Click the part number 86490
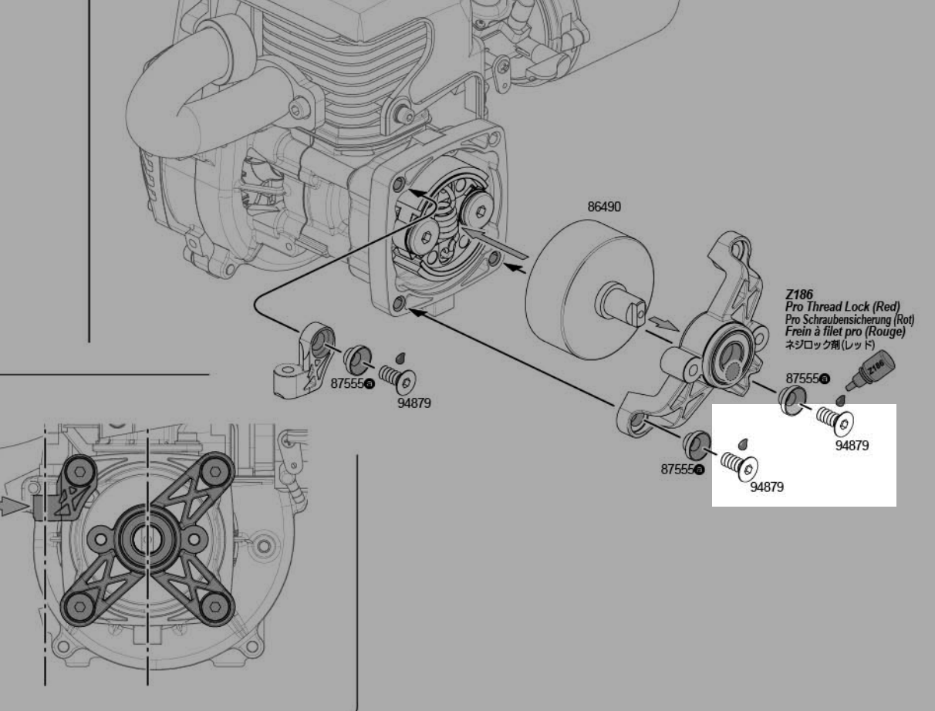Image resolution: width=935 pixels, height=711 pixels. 604,207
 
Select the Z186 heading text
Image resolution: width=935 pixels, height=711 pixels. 798,294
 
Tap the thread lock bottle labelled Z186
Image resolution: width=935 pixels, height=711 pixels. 870,369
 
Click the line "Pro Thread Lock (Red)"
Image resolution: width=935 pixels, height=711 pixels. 842,307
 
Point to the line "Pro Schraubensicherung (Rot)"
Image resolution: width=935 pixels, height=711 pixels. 849,319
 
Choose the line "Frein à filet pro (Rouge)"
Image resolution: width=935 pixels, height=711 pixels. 845,332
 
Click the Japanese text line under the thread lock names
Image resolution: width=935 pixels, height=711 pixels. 830,344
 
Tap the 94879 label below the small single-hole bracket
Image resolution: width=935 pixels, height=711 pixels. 414,403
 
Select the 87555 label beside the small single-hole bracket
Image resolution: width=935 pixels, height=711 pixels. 353,383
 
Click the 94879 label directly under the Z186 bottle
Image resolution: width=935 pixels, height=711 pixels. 852,446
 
